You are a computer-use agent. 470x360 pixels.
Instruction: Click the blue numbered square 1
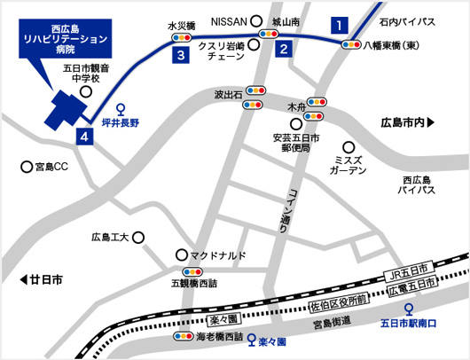tap(338, 25)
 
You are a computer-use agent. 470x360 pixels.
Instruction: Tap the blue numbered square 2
tap(282, 50)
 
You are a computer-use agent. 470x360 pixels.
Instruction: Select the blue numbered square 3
tap(181, 56)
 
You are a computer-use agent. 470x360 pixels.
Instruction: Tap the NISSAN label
tap(229, 20)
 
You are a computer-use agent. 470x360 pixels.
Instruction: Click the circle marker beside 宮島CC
tap(25, 166)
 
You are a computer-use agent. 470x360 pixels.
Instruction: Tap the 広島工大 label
tap(111, 238)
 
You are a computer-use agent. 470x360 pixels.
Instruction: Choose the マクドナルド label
tap(217, 254)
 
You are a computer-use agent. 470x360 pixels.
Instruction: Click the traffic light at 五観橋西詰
tap(192, 272)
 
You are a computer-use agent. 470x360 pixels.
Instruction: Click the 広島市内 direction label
tap(405, 121)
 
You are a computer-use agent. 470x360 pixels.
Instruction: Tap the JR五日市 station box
tap(409, 269)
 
